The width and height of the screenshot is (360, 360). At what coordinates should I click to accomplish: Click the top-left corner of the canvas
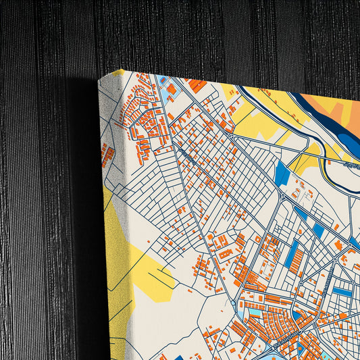100,79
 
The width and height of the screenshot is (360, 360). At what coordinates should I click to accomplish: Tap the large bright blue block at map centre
282,173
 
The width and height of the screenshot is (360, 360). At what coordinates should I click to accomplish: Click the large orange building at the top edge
197,85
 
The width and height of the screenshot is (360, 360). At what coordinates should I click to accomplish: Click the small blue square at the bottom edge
179,357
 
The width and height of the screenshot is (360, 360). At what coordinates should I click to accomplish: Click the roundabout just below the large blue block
283,196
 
